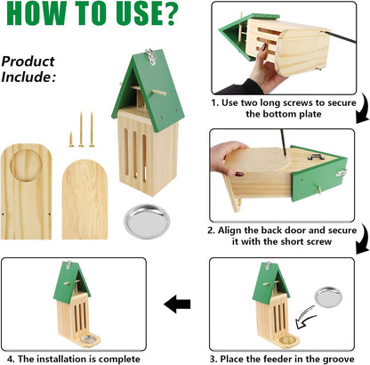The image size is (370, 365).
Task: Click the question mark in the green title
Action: tap(168, 13)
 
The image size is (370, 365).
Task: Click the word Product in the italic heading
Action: tap(28, 61)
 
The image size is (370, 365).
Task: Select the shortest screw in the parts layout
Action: tap(71, 139)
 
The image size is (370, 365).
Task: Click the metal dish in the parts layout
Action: tap(147, 221)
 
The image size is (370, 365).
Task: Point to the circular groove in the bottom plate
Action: tap(26, 165)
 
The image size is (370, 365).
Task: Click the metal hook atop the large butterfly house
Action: tap(151, 56)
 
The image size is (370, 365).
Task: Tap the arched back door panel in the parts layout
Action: tap(84, 199)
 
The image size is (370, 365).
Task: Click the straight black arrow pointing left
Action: tap(177, 304)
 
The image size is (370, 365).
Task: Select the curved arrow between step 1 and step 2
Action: tap(364, 109)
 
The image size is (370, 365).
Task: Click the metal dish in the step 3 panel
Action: tap(328, 296)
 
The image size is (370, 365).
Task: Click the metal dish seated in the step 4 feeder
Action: tap(89, 339)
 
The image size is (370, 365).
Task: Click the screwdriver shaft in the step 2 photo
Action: tap(284, 142)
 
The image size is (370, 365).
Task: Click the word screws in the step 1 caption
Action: tap(298, 103)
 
